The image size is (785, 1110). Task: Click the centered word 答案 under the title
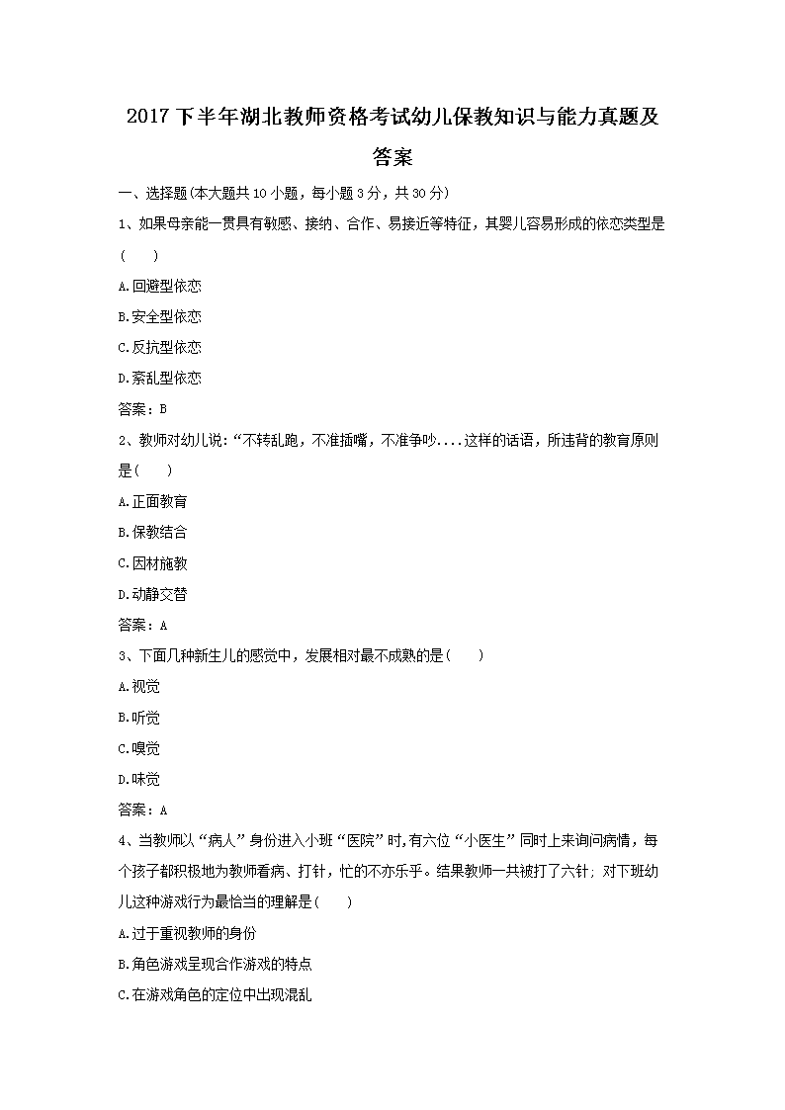coord(392,156)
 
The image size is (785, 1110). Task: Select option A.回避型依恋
coord(159,286)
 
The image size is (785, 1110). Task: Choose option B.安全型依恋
coord(159,316)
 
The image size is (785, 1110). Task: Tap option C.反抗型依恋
coord(159,347)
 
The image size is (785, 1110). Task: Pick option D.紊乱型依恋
coord(159,378)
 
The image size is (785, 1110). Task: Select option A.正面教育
coord(152,501)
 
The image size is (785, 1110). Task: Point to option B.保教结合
coord(152,532)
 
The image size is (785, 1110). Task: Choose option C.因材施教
coord(152,563)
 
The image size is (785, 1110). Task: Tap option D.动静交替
coord(152,594)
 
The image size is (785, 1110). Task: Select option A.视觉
coord(138,686)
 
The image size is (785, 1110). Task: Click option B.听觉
coord(138,718)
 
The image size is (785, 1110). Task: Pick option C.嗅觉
coord(138,748)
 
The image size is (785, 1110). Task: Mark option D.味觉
coord(138,779)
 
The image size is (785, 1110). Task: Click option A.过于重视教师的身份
coord(187,933)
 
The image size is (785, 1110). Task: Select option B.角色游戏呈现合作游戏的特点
coord(215,964)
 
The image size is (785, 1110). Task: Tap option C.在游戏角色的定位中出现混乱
coord(215,995)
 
